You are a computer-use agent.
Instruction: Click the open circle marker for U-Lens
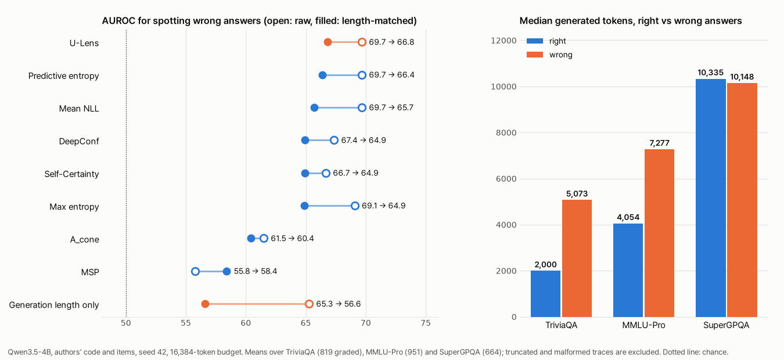coord(362,42)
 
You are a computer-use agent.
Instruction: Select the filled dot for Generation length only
coord(206,304)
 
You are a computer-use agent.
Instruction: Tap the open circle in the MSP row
coord(195,272)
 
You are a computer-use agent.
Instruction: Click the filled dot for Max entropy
coord(304,206)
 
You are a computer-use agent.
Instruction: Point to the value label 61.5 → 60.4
coord(292,239)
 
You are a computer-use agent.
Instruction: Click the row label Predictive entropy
coord(64,76)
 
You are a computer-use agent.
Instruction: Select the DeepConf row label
coord(79,141)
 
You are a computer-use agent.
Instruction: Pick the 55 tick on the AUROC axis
coord(186,323)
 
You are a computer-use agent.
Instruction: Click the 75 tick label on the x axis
coord(426,323)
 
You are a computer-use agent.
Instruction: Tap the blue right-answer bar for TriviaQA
coord(545,294)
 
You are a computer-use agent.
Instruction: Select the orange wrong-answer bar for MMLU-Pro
coord(659,233)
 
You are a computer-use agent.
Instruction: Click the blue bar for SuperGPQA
coord(710,198)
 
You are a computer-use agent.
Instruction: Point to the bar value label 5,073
coord(577,194)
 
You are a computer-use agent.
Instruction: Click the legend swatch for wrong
coord(535,55)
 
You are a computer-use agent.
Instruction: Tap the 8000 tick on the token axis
coord(506,132)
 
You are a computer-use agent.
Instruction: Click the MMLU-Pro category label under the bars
coord(643,325)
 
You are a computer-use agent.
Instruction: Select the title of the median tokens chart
coord(630,21)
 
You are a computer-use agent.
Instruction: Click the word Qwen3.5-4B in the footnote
coord(30,352)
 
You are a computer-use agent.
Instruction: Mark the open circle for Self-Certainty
coord(326,173)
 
